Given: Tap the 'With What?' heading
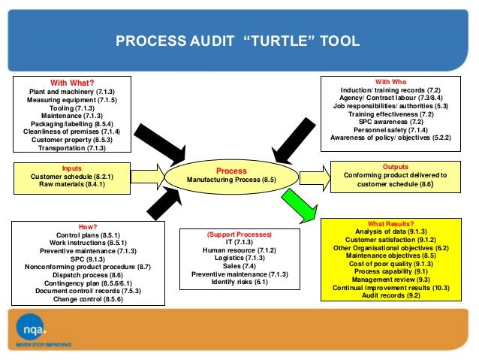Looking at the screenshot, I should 71,82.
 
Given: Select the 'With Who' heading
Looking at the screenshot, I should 396,80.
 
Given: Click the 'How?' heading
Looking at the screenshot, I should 88,226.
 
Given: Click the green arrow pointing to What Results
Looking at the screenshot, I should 297,204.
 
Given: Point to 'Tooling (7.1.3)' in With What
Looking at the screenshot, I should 71,107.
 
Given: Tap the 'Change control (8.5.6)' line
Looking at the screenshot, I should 88,299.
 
